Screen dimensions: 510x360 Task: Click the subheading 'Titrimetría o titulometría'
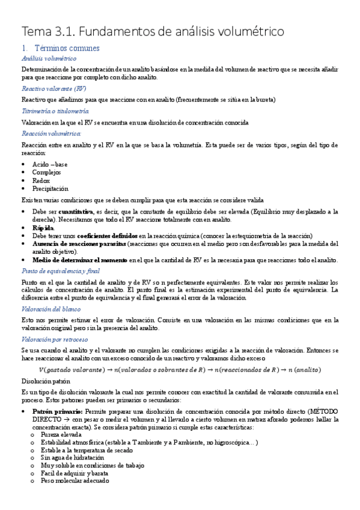55,111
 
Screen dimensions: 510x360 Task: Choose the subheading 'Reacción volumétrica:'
51,133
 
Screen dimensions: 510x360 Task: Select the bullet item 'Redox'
43,180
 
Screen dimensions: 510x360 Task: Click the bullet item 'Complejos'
47,172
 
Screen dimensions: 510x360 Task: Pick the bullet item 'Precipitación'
50,188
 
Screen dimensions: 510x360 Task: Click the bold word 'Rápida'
43,228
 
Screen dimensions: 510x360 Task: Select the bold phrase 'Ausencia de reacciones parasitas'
70,244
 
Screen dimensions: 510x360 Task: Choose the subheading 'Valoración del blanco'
50,309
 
